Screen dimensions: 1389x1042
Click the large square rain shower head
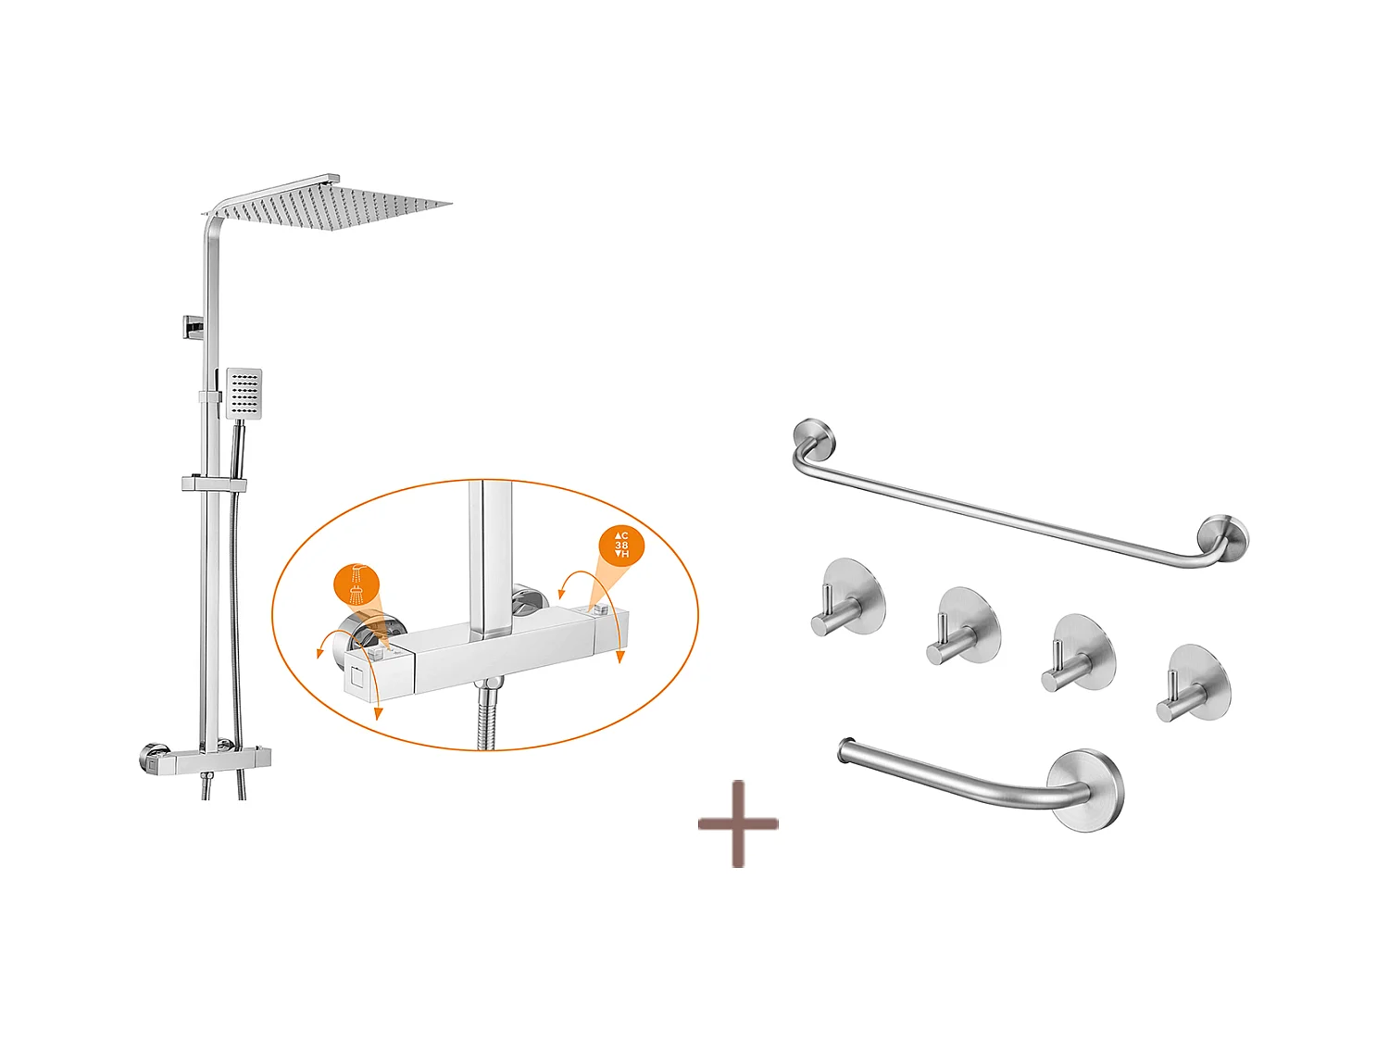[332, 204]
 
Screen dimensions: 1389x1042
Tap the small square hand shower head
[244, 393]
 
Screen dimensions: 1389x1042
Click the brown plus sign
[738, 823]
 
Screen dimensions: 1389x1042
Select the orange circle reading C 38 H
[621, 546]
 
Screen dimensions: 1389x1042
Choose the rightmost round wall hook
[1194, 684]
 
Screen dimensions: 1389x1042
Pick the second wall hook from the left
[964, 626]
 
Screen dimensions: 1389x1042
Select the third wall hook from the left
[1078, 653]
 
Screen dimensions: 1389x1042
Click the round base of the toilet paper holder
[1085, 790]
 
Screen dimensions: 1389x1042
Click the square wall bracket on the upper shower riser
[193, 327]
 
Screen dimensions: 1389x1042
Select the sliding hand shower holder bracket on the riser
[214, 484]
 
